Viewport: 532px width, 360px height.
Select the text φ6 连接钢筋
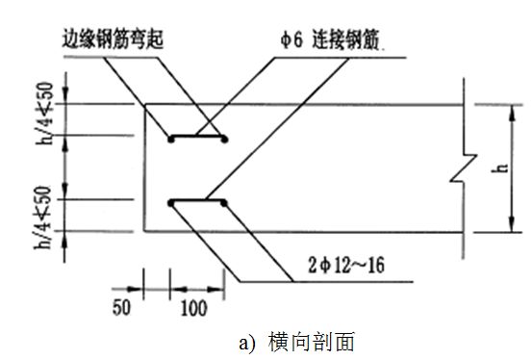click(329, 41)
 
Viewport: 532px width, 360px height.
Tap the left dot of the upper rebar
click(171, 140)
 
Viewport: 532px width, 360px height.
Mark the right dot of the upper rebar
click(225, 140)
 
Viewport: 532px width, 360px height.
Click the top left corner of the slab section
click(144, 105)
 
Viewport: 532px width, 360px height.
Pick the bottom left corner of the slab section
click(144, 231)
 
